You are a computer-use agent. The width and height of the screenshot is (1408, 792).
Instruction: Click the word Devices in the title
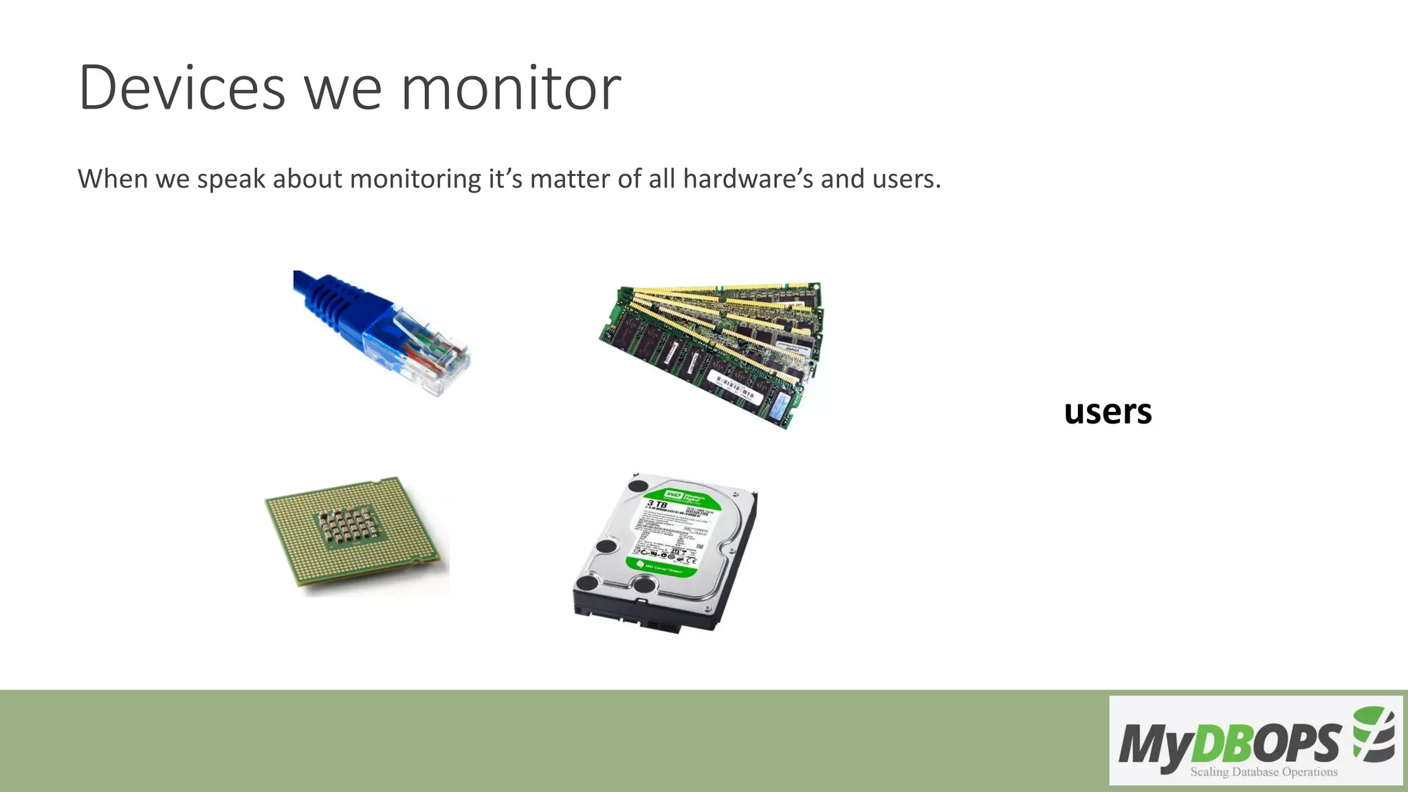pyautogui.click(x=181, y=88)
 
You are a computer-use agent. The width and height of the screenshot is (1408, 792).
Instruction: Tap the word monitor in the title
pyautogui.click(x=511, y=88)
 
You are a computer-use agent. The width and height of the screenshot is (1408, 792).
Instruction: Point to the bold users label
pyautogui.click(x=1108, y=411)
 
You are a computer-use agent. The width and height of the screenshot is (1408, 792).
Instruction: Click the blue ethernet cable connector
pyautogui.click(x=385, y=330)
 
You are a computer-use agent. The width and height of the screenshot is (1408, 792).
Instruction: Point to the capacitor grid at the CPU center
pyautogui.click(x=347, y=526)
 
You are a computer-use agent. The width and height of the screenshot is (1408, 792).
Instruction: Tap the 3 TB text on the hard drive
pyautogui.click(x=657, y=505)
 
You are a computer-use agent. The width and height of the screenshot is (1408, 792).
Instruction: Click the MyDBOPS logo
pyautogui.click(x=1255, y=741)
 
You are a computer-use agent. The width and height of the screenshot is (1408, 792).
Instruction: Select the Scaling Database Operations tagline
pyautogui.click(x=1264, y=771)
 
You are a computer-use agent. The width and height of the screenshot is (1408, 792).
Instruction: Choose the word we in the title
pyautogui.click(x=342, y=88)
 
